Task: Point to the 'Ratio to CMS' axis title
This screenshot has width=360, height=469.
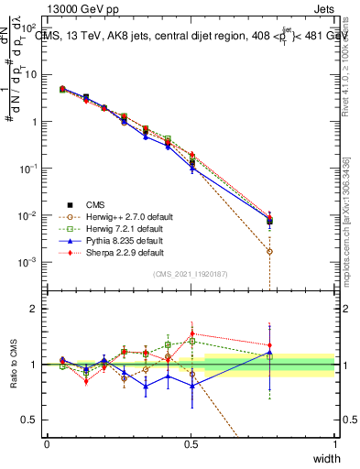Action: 13,365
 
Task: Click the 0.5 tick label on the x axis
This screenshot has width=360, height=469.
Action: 191,442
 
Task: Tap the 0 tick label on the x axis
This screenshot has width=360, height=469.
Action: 47,442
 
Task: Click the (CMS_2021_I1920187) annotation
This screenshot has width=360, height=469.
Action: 191,274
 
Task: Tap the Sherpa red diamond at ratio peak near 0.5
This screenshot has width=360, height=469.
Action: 191,335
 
